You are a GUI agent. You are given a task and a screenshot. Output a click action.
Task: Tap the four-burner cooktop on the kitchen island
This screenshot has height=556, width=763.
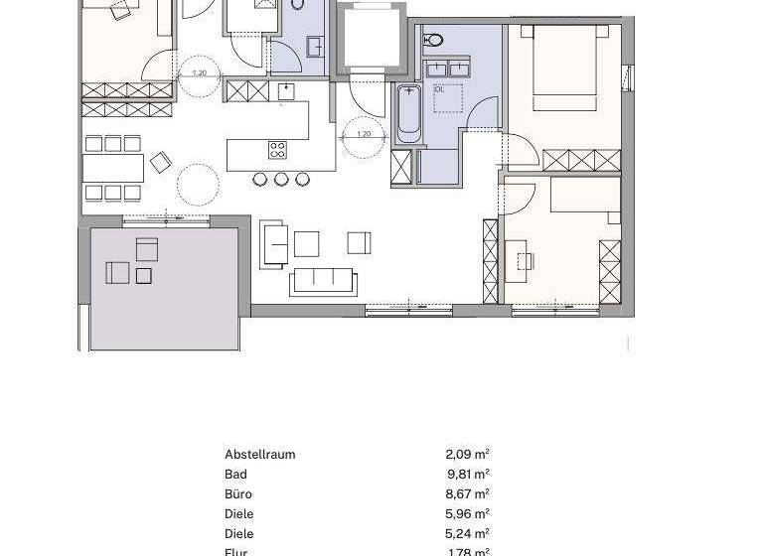point(278,150)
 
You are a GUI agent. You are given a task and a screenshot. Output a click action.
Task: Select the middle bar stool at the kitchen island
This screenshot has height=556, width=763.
point(281,180)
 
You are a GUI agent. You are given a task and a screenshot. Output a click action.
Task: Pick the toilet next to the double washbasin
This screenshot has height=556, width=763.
point(433,42)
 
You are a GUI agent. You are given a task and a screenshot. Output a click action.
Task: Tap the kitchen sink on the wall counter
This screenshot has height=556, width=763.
point(286,91)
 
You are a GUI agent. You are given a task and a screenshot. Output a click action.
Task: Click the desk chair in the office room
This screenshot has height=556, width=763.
point(525,260)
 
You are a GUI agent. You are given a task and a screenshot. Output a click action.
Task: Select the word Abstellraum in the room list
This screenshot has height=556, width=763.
point(259,455)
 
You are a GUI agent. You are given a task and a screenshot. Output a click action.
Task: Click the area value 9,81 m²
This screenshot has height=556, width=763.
point(467,475)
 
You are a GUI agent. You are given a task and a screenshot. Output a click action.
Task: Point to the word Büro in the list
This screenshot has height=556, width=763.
point(238,494)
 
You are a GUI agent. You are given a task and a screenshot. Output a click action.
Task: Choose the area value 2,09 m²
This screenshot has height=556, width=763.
point(467,455)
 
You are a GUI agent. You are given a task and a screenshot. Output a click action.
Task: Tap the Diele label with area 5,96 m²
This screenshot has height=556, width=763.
point(239,514)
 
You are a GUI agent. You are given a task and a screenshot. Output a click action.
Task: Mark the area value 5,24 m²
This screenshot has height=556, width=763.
point(467,534)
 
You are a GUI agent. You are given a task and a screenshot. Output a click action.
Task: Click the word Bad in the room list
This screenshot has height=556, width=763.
point(235,475)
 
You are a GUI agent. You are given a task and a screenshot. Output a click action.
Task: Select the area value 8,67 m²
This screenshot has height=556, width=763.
point(467,494)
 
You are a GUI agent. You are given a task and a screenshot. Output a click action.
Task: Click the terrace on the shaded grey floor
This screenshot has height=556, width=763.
point(165,298)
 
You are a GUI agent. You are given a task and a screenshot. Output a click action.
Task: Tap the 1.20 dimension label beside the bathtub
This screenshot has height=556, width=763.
point(363,134)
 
